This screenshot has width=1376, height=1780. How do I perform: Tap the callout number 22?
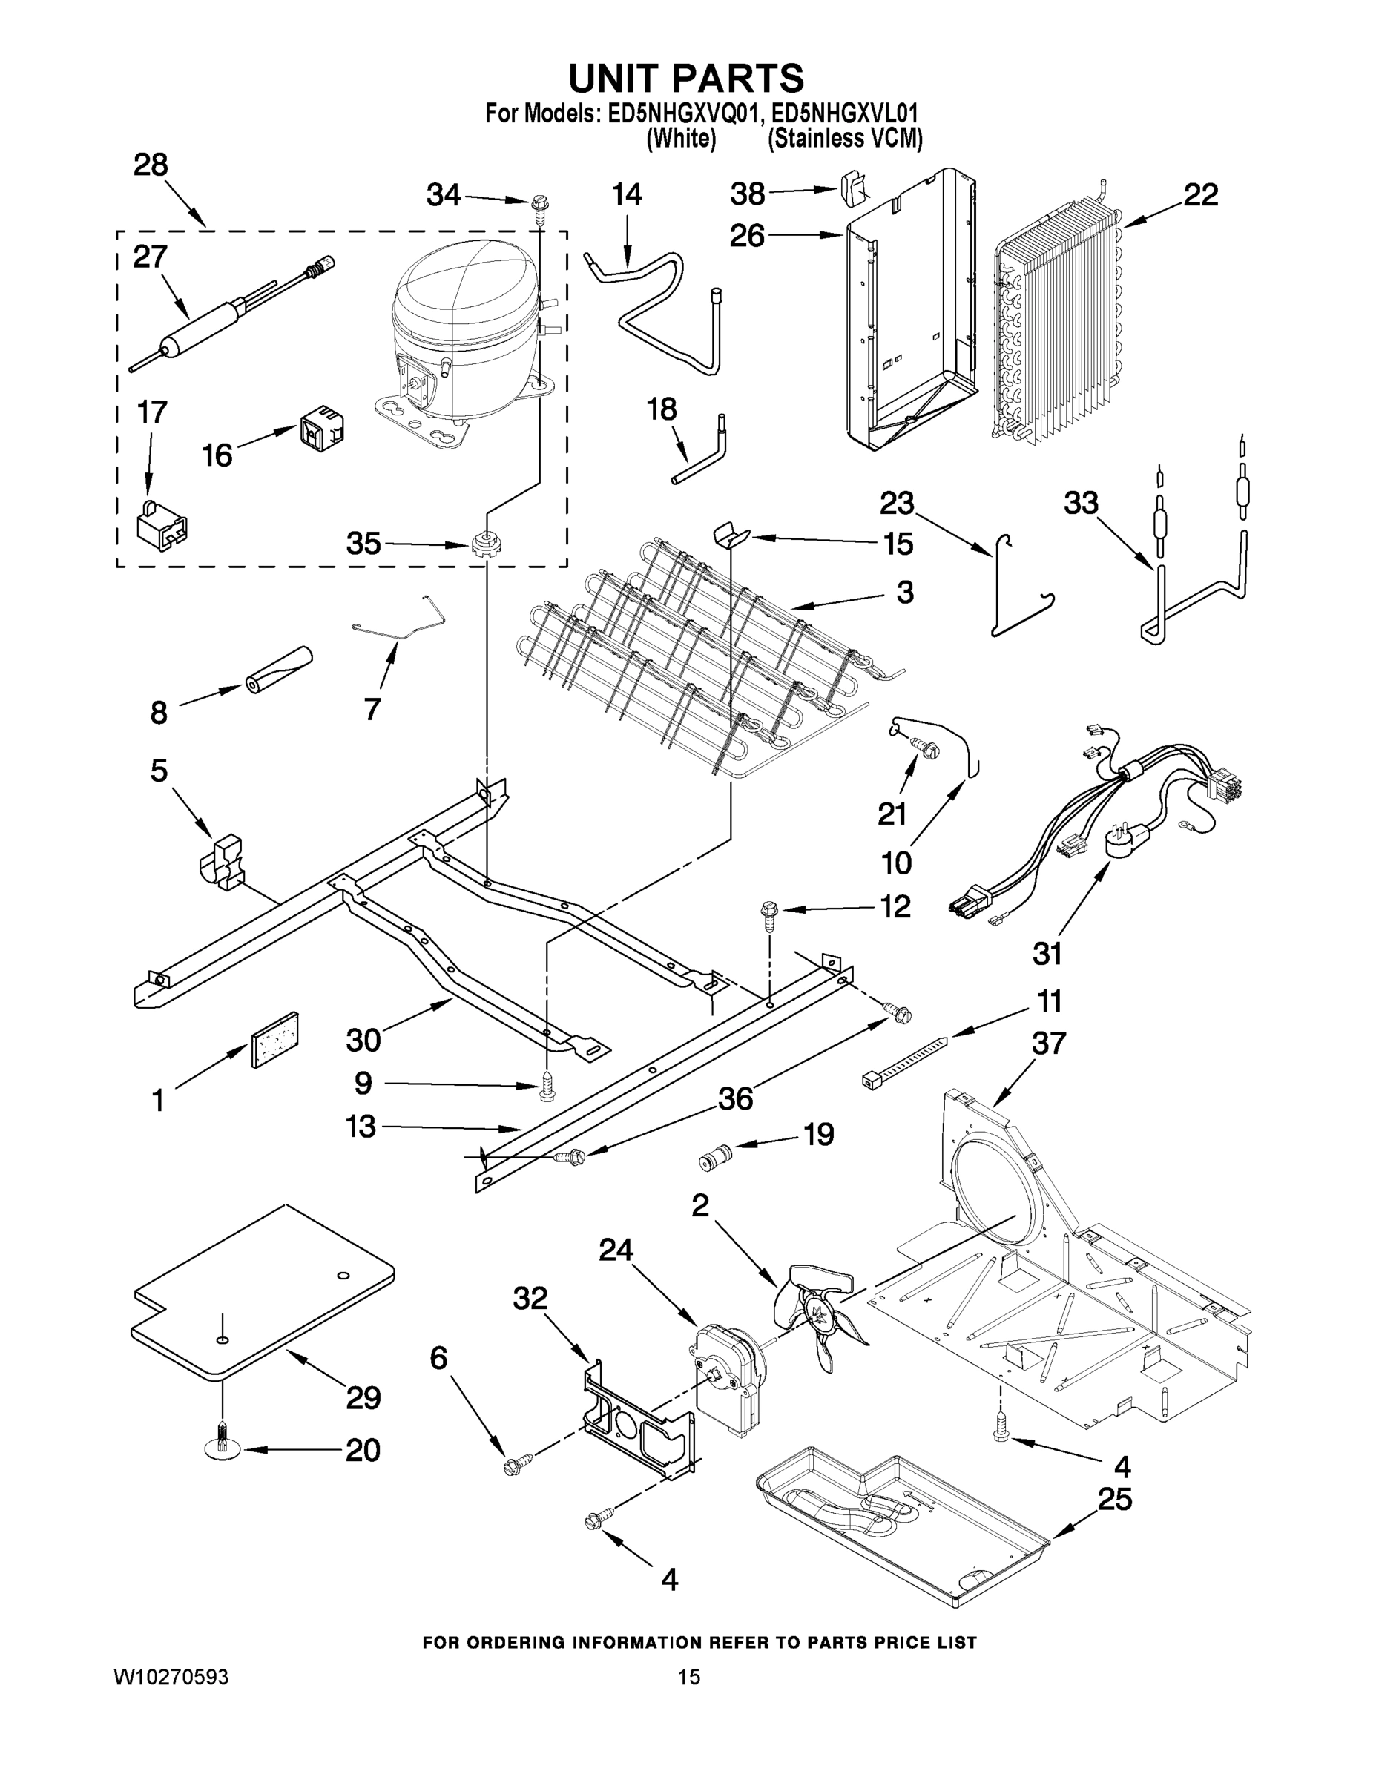1200,196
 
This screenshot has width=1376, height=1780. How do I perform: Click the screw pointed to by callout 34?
539,205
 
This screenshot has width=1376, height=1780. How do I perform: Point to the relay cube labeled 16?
321,428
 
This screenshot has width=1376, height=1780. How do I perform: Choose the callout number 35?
363,544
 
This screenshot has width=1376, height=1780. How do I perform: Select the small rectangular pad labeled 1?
274,1041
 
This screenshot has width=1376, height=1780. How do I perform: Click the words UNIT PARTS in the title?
685,79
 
